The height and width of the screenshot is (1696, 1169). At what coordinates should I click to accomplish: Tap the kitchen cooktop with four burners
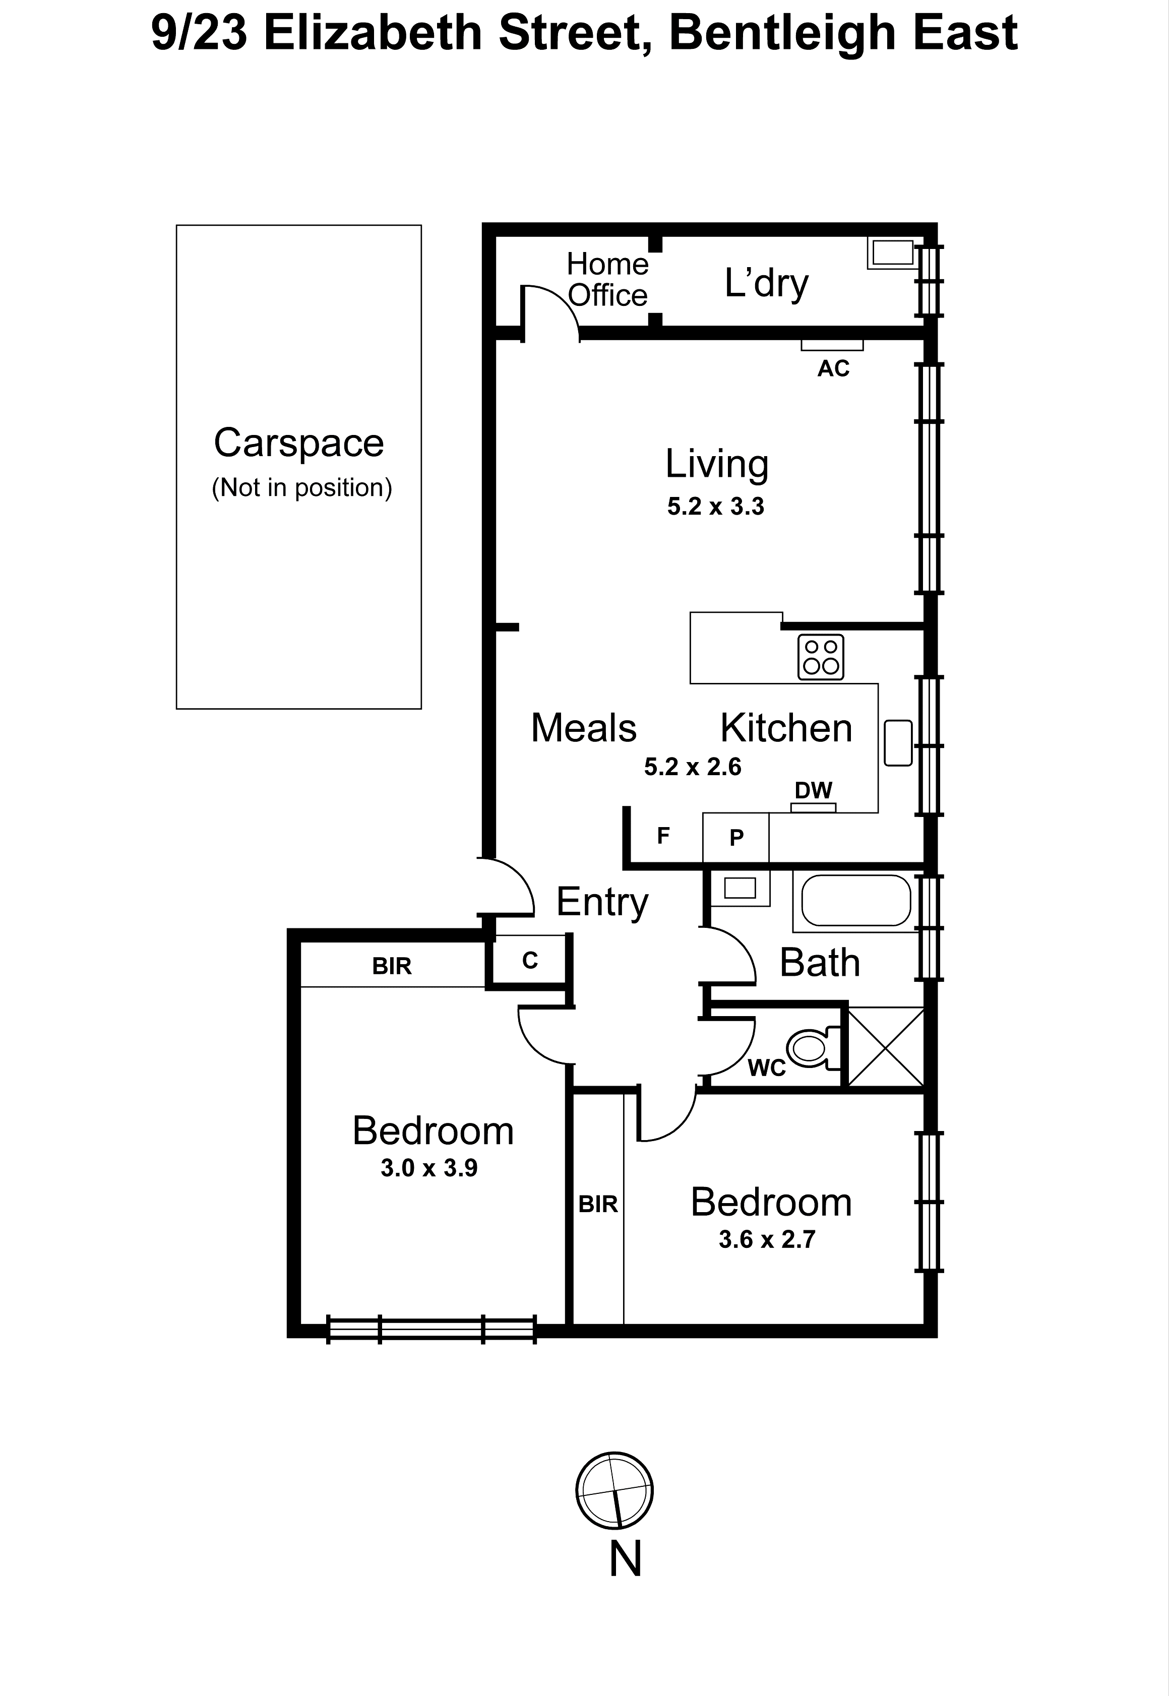point(820,657)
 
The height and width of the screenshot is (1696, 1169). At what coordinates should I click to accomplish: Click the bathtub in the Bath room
point(855,901)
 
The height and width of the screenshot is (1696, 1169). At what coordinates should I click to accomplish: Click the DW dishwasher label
point(813,790)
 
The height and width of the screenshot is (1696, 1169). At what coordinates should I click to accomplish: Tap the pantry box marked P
point(736,837)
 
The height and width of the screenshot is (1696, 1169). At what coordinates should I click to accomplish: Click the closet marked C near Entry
point(530,960)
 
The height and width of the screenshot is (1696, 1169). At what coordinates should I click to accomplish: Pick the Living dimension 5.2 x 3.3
point(716,506)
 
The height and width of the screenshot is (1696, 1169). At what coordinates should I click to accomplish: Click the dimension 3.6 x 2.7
point(767,1239)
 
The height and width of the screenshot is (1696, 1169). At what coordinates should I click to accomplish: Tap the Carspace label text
point(299,443)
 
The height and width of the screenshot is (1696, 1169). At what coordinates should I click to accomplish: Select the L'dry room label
point(766,283)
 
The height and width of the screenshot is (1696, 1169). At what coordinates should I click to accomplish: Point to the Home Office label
point(607,280)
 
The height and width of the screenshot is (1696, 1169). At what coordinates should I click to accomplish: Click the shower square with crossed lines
point(886,1046)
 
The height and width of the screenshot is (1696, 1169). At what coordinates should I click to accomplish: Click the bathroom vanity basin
point(740,888)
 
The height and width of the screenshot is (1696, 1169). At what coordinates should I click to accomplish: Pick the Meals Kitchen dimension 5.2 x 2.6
point(692,767)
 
